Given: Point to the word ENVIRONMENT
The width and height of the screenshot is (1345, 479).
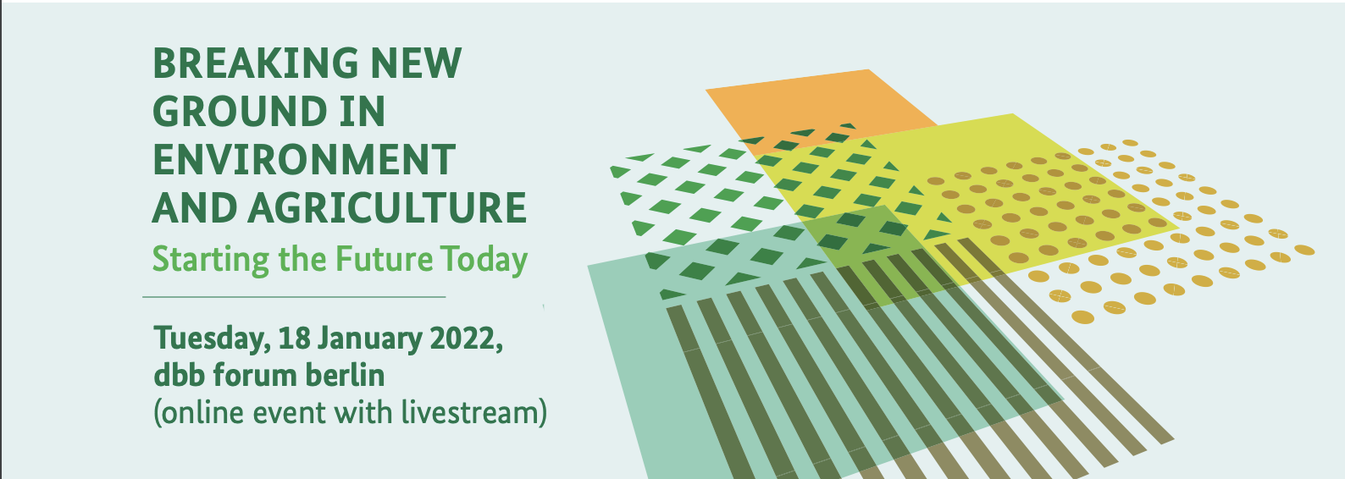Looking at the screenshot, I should tap(304, 160).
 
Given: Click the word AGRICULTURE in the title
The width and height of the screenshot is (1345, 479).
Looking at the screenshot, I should tap(387, 208).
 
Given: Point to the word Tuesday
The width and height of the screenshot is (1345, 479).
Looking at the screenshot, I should tap(212, 339).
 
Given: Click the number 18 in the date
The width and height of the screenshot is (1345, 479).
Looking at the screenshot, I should tap(295, 338).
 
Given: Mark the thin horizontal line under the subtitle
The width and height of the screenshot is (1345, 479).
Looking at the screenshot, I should tap(294, 297).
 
